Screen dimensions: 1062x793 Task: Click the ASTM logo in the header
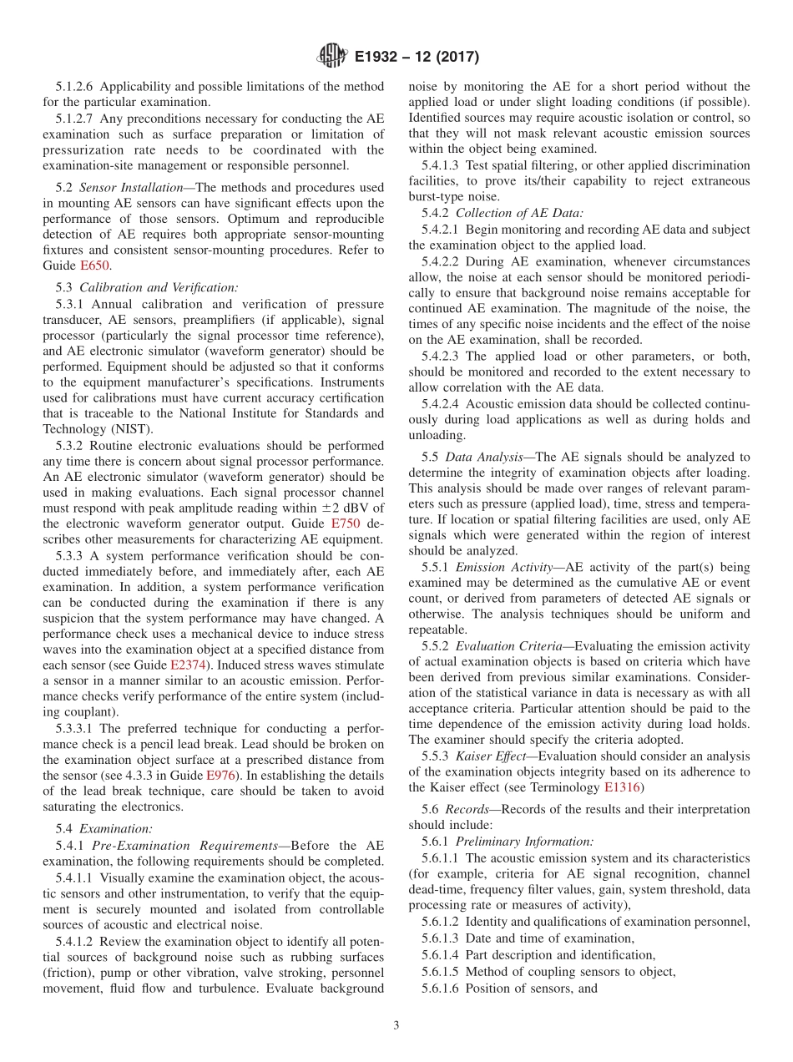pyautogui.click(x=332, y=56)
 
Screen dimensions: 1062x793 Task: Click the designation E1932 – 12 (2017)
pyautogui.click(x=417, y=57)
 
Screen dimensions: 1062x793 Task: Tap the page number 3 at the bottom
pyautogui.click(x=396, y=1026)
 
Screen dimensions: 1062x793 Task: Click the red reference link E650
pyautogui.click(x=94, y=265)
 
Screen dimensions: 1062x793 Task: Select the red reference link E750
pyautogui.click(x=346, y=523)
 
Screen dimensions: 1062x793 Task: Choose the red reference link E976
pyautogui.click(x=221, y=775)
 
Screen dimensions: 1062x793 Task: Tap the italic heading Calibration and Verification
pyautogui.click(x=158, y=288)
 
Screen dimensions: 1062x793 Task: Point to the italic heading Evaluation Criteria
pyautogui.click(x=513, y=646)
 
